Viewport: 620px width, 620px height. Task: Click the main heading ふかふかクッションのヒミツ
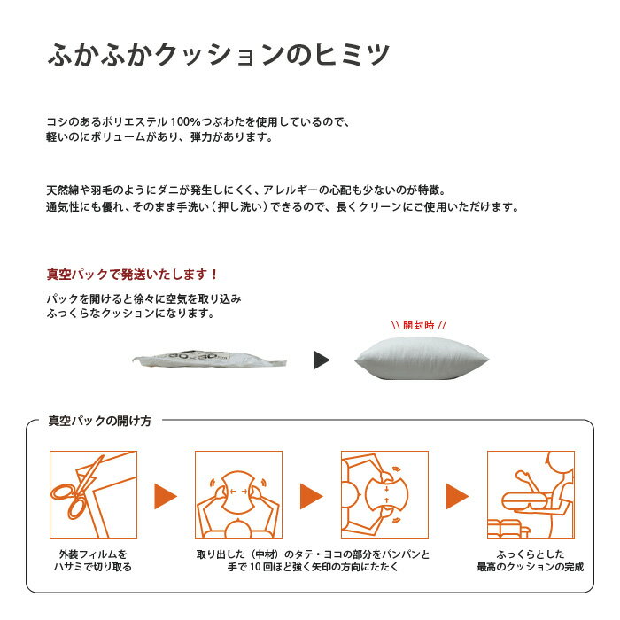click(x=218, y=55)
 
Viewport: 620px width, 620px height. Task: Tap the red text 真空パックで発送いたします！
click(x=132, y=275)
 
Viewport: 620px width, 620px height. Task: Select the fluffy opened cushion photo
click(x=419, y=360)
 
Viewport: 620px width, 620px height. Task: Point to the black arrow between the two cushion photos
click(x=322, y=360)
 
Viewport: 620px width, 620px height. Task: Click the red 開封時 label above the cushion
click(x=419, y=324)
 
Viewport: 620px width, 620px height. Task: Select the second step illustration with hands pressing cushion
click(x=238, y=494)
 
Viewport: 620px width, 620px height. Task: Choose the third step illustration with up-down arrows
click(x=384, y=494)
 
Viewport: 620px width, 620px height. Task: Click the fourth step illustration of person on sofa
click(x=531, y=494)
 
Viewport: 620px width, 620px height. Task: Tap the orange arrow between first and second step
click(x=165, y=496)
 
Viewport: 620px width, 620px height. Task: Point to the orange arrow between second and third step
click(x=312, y=496)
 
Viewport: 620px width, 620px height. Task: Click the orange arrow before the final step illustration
click(x=457, y=496)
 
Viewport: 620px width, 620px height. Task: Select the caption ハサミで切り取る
click(x=93, y=567)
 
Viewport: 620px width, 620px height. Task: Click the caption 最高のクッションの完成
click(x=531, y=567)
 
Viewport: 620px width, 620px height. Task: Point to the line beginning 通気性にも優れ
click(x=282, y=207)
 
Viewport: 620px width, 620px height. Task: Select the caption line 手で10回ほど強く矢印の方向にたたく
click(x=312, y=567)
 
